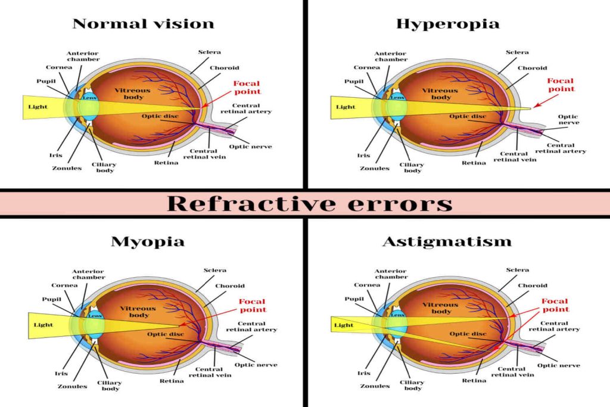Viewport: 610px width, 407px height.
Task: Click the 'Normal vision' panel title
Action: click(143, 24)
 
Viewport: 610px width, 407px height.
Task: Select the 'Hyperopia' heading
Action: click(447, 24)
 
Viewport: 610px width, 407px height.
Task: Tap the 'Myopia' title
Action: click(147, 242)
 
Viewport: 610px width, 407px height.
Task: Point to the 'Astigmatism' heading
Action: click(447, 242)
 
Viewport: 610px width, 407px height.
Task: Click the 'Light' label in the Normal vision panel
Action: click(38, 107)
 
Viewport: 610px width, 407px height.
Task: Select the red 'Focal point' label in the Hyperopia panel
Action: click(561, 85)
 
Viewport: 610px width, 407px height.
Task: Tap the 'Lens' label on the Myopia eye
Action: click(92, 316)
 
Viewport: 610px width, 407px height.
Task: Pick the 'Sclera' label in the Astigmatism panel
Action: click(517, 270)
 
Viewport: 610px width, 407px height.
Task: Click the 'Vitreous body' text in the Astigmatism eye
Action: click(440, 307)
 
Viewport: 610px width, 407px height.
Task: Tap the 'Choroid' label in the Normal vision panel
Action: click(225, 68)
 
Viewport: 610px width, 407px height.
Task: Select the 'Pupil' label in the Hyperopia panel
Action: click(353, 82)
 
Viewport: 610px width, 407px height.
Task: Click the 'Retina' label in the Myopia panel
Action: click(170, 380)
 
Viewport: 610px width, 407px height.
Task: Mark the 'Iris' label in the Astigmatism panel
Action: click(363, 373)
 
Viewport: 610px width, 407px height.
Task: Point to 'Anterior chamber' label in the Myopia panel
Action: click(88, 274)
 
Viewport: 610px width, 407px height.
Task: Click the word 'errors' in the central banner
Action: click(401, 204)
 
